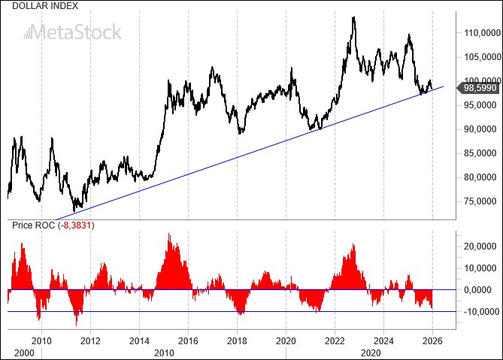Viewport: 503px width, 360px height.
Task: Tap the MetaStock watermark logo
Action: [72, 32]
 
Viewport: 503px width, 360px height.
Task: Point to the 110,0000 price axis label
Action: [481, 32]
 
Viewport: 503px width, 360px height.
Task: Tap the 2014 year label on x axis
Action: [139, 340]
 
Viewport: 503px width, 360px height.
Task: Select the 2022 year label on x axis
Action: [335, 340]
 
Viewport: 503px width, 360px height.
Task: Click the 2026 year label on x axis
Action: [432, 340]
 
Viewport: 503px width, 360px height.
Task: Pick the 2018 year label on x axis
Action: [237, 340]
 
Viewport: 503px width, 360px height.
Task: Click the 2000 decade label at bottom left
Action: [25, 352]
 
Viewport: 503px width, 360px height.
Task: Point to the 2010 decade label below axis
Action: [164, 352]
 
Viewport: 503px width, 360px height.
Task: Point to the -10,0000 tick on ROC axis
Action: [477, 312]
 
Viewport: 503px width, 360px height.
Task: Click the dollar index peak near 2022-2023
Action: [353, 17]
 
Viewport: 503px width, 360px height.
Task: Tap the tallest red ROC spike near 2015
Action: [168, 234]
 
